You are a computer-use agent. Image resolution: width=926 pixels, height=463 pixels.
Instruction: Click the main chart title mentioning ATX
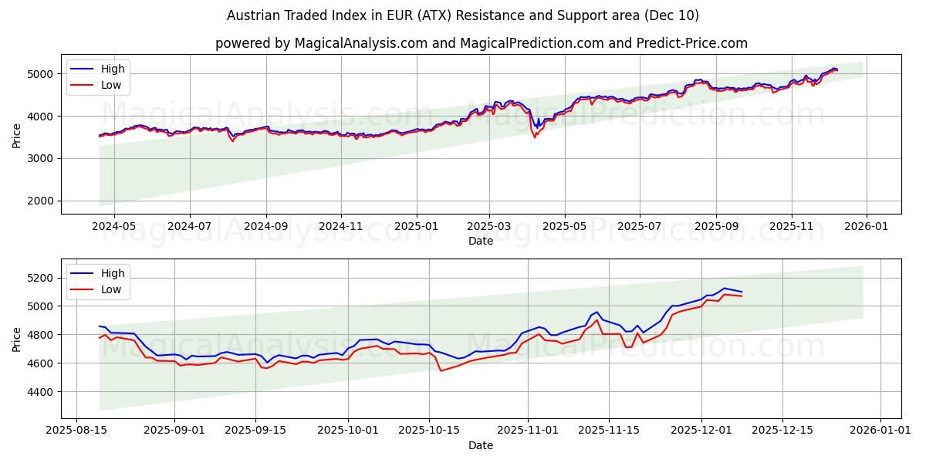click(463, 15)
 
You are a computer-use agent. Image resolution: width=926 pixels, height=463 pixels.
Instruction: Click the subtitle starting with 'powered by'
click(482, 43)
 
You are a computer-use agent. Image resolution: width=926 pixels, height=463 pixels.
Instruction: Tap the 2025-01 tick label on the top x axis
click(417, 227)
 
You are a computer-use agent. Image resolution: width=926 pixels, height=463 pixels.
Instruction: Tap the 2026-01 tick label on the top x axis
click(866, 227)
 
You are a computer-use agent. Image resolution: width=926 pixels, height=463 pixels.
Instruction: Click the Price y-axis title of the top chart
click(17, 135)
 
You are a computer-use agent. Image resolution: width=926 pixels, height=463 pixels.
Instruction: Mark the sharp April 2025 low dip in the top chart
click(534, 137)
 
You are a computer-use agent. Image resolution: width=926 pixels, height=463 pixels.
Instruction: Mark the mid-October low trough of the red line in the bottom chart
click(441, 370)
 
